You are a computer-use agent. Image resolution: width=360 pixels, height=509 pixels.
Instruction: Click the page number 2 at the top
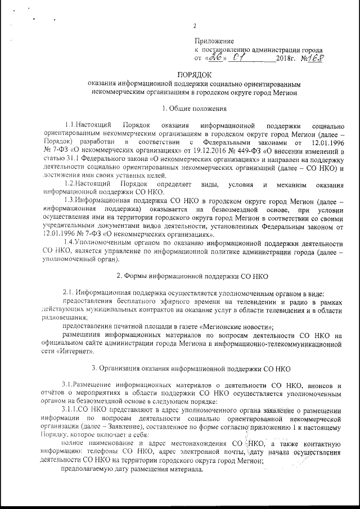[x=195, y=26]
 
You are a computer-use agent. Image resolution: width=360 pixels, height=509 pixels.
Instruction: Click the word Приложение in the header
[x=214, y=41]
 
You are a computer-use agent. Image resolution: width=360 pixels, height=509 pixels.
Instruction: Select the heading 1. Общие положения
[x=195, y=108]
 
